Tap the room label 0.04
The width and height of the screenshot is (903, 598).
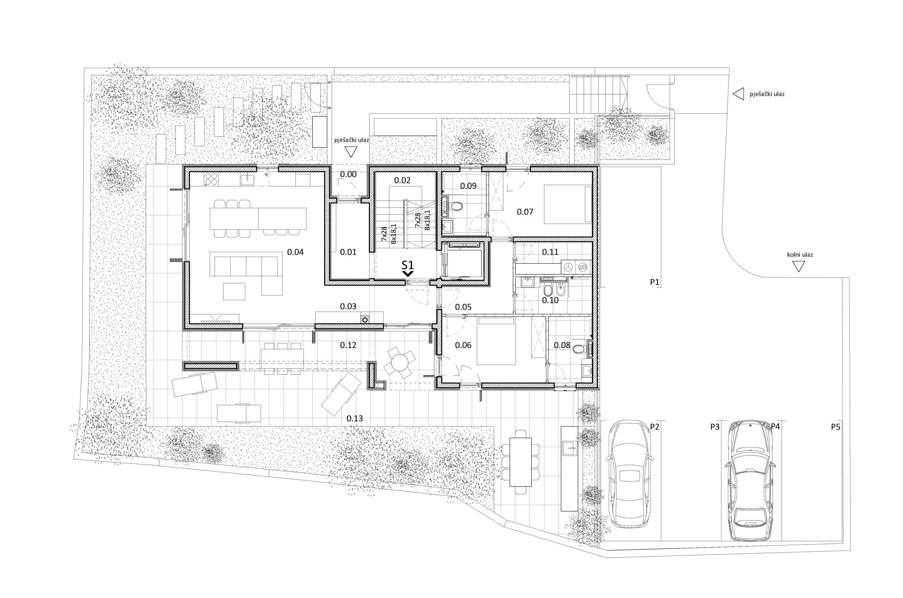[x=295, y=252]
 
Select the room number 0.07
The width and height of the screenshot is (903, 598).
[x=525, y=212]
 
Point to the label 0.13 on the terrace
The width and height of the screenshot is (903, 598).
[x=354, y=418]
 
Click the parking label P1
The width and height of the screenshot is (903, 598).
[x=654, y=282]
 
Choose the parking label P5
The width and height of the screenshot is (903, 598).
[x=836, y=427]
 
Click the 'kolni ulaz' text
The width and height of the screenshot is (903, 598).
[x=800, y=255]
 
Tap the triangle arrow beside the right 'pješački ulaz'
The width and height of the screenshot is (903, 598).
[x=739, y=94]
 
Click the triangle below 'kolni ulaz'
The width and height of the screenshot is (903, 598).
[x=798, y=267]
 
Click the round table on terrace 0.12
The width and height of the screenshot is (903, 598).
[x=399, y=362]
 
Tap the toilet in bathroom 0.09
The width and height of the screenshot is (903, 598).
[x=455, y=206]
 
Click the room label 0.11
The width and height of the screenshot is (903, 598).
[x=550, y=252]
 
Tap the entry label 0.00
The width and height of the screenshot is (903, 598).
[x=348, y=174]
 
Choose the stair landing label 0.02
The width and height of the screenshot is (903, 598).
[x=402, y=180]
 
